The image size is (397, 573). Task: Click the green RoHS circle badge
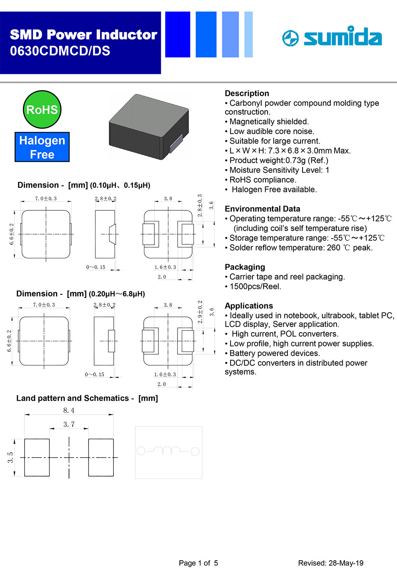click(x=42, y=110)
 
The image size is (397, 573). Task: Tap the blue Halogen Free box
click(x=42, y=147)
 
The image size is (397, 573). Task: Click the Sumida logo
click(x=332, y=37)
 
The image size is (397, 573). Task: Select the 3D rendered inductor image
click(x=148, y=127)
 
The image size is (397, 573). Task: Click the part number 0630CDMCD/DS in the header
click(x=60, y=51)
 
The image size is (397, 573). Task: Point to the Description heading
click(x=247, y=93)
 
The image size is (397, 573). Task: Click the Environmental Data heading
click(x=262, y=209)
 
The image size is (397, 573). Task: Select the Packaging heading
click(x=245, y=267)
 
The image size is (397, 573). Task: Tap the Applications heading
click(x=249, y=306)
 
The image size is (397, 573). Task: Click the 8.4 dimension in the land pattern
click(x=69, y=410)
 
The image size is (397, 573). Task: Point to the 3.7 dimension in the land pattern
click(x=69, y=424)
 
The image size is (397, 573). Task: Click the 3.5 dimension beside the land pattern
click(x=11, y=457)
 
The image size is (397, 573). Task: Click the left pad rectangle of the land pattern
click(x=37, y=457)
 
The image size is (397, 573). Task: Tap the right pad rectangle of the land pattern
click(x=101, y=457)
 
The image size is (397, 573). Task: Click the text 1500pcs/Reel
click(x=255, y=286)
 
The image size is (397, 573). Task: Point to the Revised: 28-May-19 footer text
click(x=331, y=563)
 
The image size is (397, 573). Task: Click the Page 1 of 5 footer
click(x=198, y=563)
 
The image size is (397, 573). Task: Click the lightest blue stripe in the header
click(x=249, y=35)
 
